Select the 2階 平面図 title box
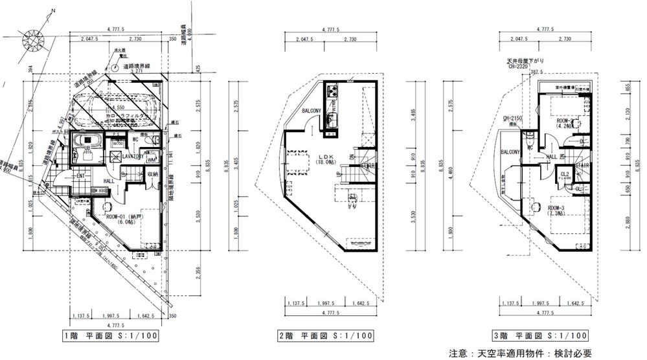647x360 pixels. click(x=325, y=336)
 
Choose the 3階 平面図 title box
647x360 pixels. click(x=540, y=336)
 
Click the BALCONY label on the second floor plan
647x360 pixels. click(x=311, y=111)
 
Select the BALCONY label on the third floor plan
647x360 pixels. click(x=510, y=152)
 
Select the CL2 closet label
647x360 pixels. click(x=564, y=174)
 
